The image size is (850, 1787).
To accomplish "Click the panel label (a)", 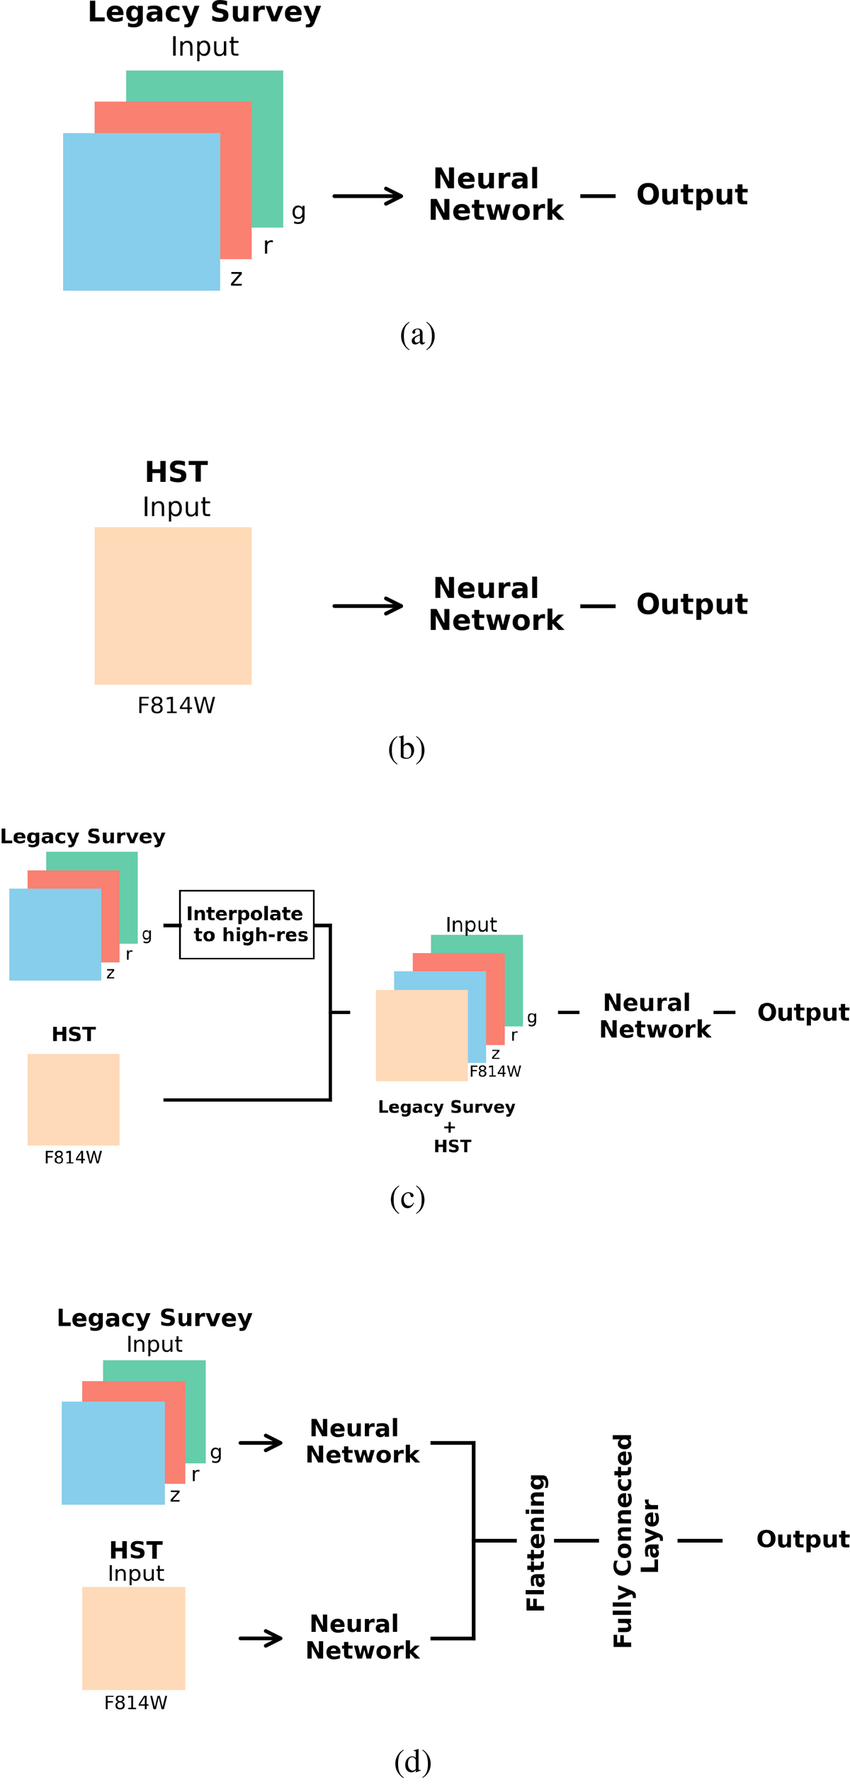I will [x=417, y=334].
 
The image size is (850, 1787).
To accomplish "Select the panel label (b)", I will [x=407, y=749].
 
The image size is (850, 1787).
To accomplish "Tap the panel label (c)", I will [x=407, y=1198].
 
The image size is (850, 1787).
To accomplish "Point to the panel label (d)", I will [x=412, y=1761].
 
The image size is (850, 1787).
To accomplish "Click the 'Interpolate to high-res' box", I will [x=246, y=924].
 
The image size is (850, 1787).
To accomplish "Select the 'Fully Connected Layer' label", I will [x=635, y=1541].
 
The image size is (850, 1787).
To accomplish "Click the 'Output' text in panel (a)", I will [x=691, y=195].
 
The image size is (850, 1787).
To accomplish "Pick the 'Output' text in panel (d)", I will [x=803, y=1539].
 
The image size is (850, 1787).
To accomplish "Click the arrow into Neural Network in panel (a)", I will [x=368, y=196].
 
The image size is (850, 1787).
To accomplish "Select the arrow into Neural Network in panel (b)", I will [x=368, y=606].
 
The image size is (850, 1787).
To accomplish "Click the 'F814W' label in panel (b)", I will [x=176, y=706].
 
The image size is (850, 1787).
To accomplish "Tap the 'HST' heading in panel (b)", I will [x=176, y=472].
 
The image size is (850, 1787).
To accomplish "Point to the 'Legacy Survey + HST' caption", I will [x=447, y=1126].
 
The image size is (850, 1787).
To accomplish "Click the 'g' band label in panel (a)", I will [x=298, y=211].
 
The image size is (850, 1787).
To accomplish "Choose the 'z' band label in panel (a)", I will [x=237, y=278].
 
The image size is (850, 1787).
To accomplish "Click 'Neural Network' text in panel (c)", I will [x=654, y=1015].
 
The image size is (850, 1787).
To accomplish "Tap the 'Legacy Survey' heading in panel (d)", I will [x=154, y=1318].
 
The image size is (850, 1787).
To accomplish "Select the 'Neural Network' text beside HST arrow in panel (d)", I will [x=362, y=1637].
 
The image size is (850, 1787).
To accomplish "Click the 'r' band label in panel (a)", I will [x=268, y=246].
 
